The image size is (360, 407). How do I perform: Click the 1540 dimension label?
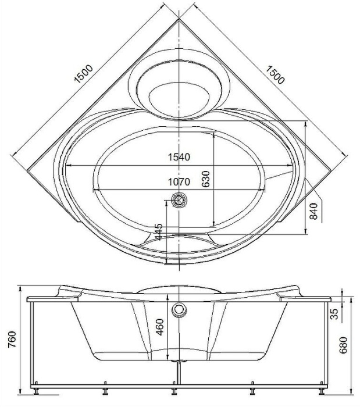tap(179, 157)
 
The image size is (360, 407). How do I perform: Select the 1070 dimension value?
tap(179, 182)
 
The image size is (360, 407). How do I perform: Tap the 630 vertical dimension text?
tap(205, 179)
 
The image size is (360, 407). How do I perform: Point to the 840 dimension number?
tap(313, 211)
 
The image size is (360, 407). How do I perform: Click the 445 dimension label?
tap(158, 231)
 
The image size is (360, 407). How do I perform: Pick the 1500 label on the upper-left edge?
tap(83, 74)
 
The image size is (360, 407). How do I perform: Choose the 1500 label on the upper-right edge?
tap(275, 75)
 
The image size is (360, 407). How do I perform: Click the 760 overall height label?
tap(12, 339)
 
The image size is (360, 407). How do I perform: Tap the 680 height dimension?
tap(343, 345)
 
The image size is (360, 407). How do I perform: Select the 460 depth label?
tap(160, 327)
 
